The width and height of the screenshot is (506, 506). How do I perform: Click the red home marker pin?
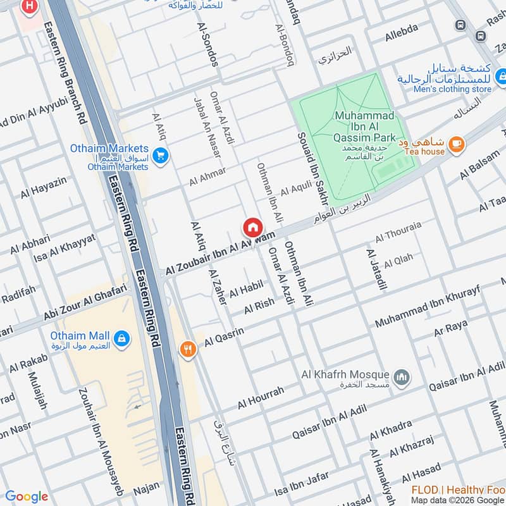tap(252, 227)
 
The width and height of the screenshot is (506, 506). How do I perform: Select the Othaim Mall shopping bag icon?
tap(122, 338)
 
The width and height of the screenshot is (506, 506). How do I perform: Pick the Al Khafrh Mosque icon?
tap(401, 378)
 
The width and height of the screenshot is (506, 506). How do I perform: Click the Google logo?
tap(27, 497)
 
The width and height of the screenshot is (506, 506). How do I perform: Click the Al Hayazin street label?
tap(43, 188)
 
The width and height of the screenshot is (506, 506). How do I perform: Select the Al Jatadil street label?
tap(376, 268)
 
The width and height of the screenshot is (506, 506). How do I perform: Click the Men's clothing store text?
tap(452, 89)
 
